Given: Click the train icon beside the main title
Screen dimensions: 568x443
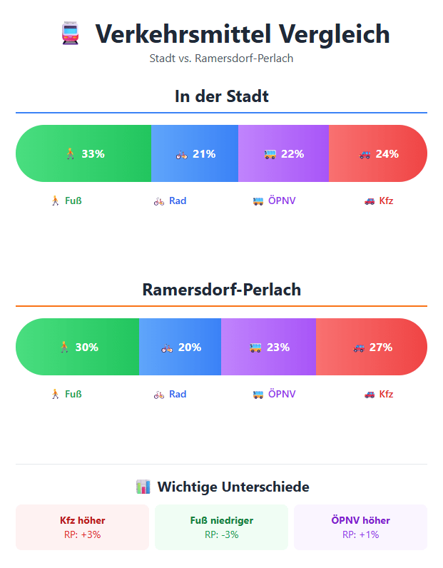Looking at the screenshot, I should [x=69, y=34].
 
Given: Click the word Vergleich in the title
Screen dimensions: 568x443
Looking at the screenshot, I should [x=334, y=34].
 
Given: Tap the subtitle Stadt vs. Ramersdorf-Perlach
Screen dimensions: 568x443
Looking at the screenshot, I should [x=221, y=59].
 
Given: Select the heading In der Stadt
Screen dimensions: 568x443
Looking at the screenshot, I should [x=221, y=96].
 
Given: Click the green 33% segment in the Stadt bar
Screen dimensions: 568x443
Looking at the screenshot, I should [x=84, y=153].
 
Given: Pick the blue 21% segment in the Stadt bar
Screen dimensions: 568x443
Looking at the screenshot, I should [x=195, y=153].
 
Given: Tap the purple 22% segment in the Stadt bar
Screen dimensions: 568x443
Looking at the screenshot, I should [x=283, y=153].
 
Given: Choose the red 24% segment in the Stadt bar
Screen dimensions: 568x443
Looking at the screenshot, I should [x=378, y=153].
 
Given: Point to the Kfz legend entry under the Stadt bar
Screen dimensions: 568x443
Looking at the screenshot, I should [x=379, y=201].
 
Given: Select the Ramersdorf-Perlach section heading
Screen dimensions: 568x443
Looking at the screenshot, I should [x=221, y=290].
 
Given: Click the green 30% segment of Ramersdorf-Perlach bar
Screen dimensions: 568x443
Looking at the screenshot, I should [x=78, y=348].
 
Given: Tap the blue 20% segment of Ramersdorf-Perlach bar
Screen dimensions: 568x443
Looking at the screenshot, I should [x=180, y=348].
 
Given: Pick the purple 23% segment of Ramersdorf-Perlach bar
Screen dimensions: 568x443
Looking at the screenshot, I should [x=269, y=348].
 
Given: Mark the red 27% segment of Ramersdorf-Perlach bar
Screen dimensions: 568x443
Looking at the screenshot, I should [x=372, y=348].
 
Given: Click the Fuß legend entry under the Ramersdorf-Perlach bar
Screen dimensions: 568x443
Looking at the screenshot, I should [x=66, y=394].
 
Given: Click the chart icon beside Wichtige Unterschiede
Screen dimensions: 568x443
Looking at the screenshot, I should [x=143, y=487].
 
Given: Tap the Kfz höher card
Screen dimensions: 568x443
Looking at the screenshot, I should [x=83, y=527].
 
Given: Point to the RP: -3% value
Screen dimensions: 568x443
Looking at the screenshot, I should [x=221, y=534].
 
